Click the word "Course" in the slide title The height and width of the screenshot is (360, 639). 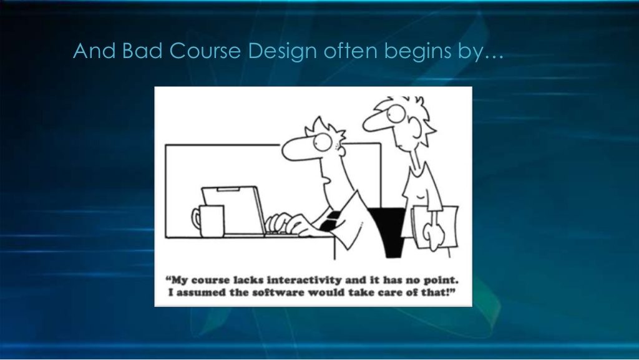(204, 51)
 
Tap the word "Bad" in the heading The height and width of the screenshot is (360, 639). (142, 51)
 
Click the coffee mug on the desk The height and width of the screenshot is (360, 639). (208, 221)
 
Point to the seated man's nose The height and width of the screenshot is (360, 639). (298, 148)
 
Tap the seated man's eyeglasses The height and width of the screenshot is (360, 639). (324, 142)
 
